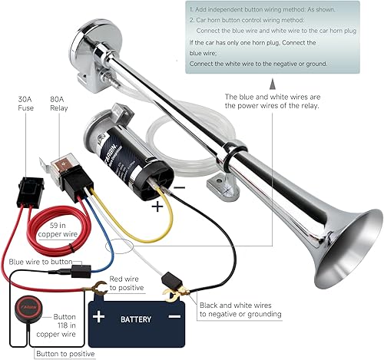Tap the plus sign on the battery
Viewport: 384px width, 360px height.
pos(99,315)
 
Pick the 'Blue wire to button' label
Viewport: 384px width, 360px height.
pos(41,261)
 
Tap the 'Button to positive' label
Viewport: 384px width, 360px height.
pos(65,354)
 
